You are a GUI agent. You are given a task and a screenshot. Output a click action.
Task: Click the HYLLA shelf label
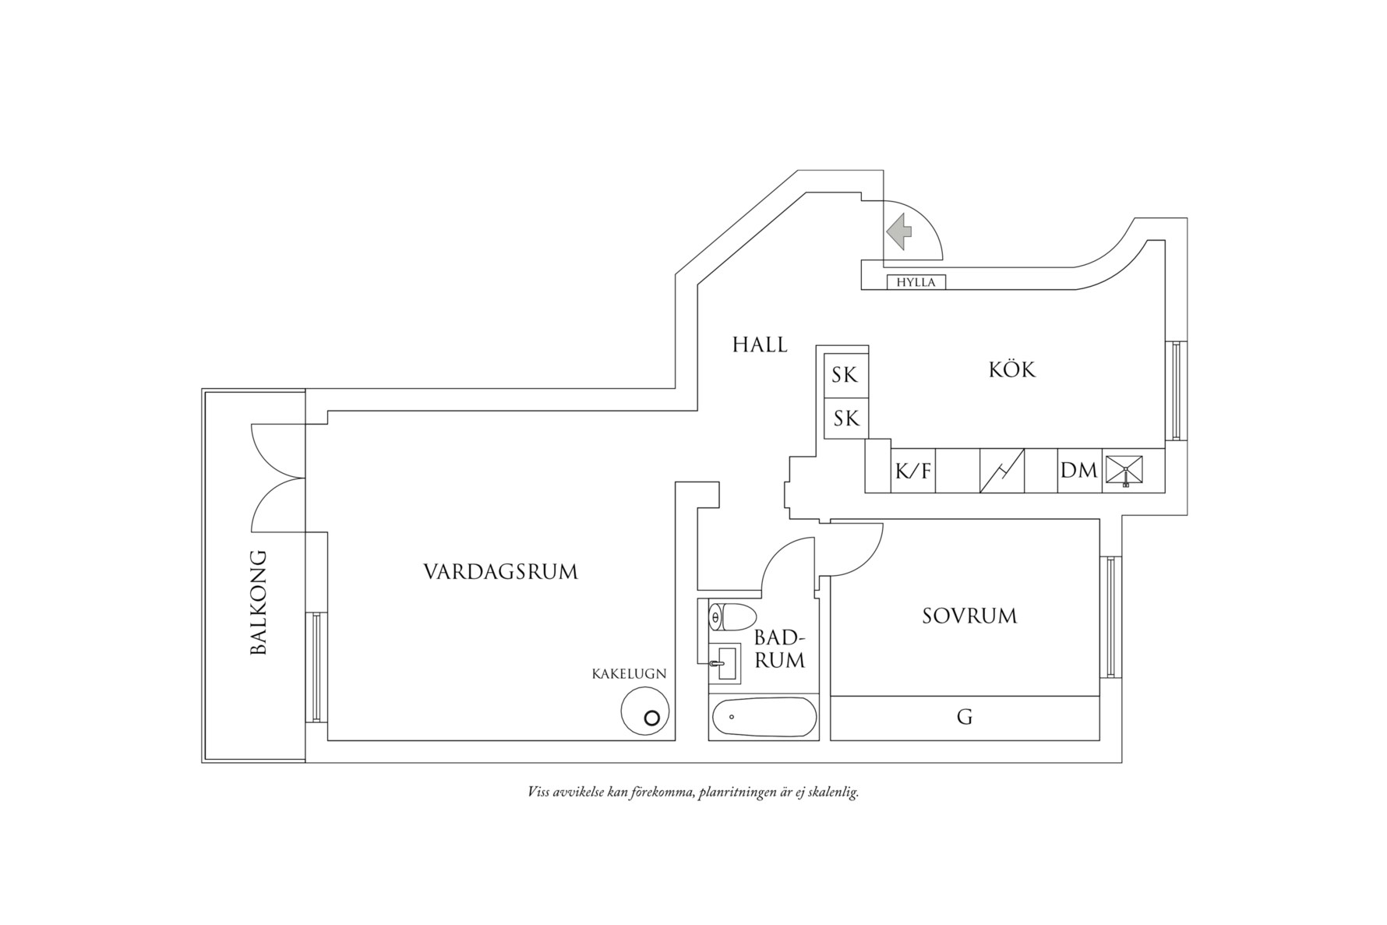916,282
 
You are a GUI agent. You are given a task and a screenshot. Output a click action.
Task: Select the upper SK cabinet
845,375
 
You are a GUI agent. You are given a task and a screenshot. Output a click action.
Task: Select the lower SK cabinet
845,418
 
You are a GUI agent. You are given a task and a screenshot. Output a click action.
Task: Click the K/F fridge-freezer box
913,471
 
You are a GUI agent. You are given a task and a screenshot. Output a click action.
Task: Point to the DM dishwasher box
1079,471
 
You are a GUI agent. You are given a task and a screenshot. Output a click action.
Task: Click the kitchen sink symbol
1124,471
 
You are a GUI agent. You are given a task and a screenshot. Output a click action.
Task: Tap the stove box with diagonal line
1001,471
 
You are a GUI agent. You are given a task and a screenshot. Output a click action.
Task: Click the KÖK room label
1012,369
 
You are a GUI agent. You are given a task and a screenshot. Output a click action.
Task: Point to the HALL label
760,344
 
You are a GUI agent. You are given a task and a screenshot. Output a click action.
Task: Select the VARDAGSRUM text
500,572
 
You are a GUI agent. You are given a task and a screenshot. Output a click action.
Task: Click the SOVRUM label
969,616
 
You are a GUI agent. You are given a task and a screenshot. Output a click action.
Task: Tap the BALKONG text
259,602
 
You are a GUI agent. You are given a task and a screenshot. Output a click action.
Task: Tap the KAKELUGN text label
629,674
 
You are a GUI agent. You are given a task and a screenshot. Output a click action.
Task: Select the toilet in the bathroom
732,617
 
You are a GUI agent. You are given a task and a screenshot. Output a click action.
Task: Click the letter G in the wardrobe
965,717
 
